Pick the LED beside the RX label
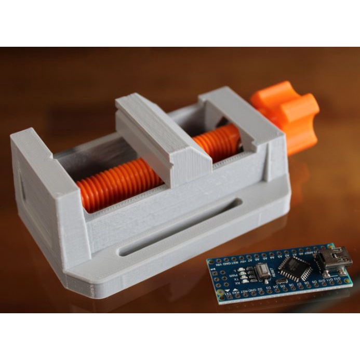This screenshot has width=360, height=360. point(245,281)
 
